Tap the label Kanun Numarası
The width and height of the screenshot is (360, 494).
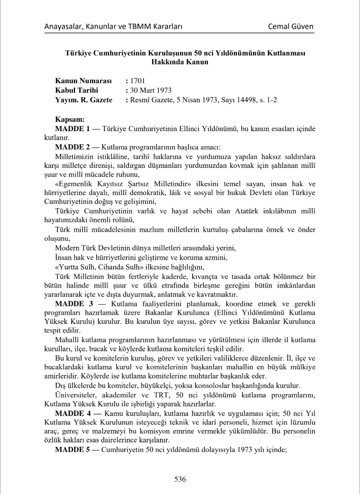click(x=83, y=81)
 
